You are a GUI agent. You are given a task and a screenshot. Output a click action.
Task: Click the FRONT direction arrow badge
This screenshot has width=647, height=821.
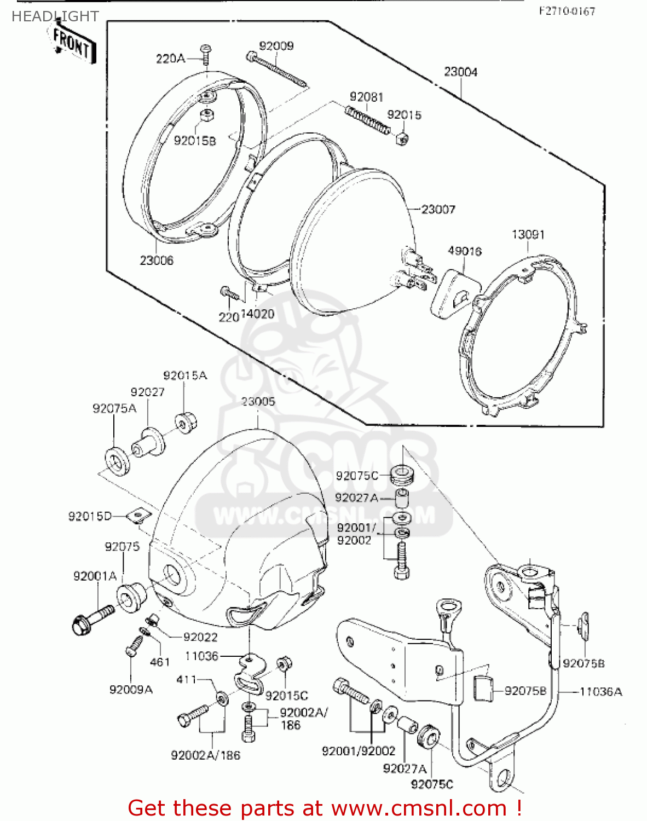point(72,43)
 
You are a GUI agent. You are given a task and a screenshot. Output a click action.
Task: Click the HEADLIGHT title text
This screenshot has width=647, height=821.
point(55,16)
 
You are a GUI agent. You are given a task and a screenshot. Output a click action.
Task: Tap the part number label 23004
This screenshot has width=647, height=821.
point(460,72)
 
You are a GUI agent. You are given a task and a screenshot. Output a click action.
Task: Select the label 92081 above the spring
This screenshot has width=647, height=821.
point(366,97)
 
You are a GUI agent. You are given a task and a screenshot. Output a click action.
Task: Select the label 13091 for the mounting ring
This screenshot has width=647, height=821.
point(528,234)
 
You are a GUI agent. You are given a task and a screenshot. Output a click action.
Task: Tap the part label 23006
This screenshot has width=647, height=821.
point(156,261)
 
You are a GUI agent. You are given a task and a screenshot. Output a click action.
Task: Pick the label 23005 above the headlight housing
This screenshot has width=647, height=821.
point(258,402)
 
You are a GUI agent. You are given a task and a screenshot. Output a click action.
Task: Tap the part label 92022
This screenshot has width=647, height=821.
point(200,637)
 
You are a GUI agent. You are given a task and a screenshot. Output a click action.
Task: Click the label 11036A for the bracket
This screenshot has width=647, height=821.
point(600,692)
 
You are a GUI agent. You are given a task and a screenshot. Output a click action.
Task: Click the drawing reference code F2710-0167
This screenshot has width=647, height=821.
point(567,11)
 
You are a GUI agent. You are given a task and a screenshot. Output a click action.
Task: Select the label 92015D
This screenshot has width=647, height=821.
point(90,516)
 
